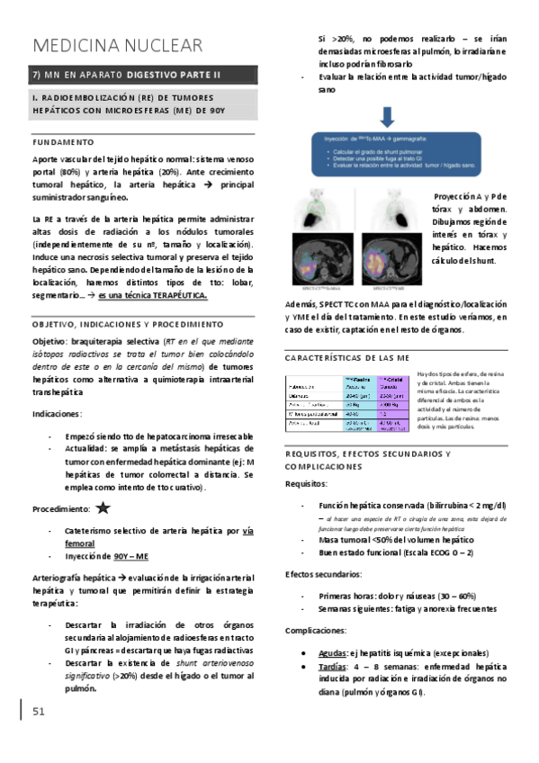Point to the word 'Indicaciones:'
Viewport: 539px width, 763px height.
click(x=58, y=414)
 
